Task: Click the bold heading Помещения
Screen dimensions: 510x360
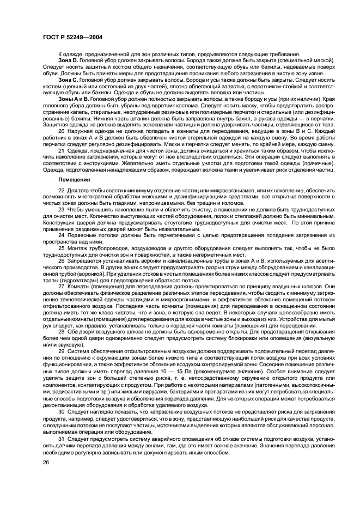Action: [74, 179]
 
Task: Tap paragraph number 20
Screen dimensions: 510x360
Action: [61, 131]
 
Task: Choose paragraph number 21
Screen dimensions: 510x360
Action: [61, 150]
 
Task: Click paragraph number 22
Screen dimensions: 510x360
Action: [61, 189]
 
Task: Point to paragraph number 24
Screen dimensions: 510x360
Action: [61, 234]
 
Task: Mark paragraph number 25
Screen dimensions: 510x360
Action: [61, 248]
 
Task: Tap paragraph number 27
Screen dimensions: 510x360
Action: [61, 286]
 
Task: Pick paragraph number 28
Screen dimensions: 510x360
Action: [61, 331]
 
